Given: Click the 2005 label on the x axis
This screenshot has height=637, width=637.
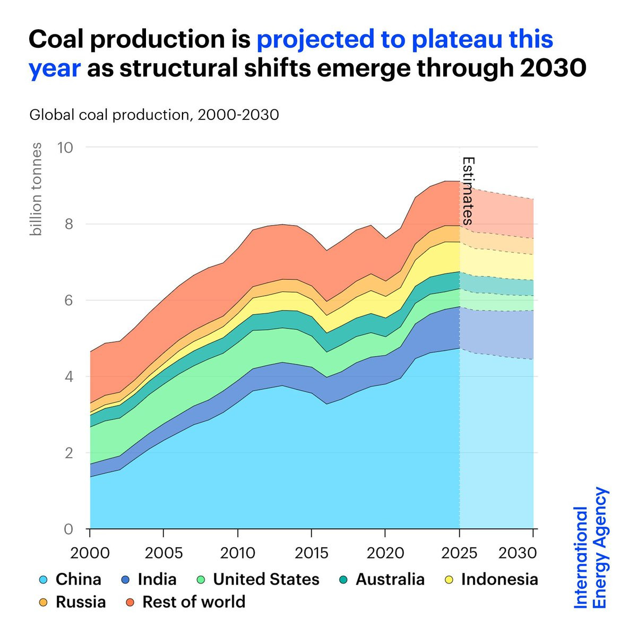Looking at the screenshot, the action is coord(163,553).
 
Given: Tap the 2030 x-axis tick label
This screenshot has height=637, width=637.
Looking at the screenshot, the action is coord(518,553).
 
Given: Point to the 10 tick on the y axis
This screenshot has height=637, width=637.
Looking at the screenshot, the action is coord(65,148).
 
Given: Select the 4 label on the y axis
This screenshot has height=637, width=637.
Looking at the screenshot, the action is coord(68,376).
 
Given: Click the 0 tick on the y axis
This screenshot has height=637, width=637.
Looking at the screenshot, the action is coord(68,529).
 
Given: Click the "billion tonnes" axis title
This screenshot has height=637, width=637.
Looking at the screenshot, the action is coord(36,189).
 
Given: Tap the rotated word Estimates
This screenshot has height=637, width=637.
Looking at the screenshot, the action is coord(468,191).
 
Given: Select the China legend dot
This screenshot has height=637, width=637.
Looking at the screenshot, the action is coord(44,580).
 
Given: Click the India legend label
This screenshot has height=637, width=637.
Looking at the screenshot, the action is coord(157,580).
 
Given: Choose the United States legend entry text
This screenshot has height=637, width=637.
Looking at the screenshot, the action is coord(266,580).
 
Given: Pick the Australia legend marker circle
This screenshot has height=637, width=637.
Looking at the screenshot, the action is coord(344,580).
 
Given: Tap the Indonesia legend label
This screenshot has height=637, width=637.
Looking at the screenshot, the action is coord(500,580).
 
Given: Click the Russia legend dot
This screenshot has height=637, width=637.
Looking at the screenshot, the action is coord(44,602).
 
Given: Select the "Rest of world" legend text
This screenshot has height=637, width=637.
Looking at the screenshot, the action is coord(194,602).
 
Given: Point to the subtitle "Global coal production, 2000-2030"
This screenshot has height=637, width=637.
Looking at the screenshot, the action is coord(154,115).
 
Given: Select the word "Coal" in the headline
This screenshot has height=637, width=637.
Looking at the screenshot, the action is coord(57,39).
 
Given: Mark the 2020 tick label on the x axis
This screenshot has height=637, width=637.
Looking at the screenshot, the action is coord(385,553).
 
